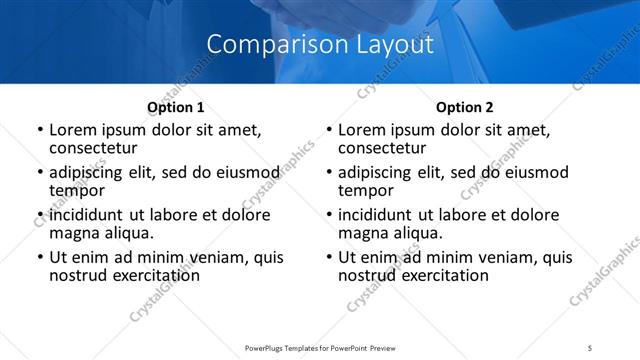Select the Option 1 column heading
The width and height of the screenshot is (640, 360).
176,106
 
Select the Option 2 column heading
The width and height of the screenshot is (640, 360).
465,106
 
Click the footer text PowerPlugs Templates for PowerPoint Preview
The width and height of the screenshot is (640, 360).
319,348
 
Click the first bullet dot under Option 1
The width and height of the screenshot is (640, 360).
39,130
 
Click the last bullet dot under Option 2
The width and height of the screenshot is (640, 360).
328,258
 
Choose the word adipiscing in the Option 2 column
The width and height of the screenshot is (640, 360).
377,172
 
